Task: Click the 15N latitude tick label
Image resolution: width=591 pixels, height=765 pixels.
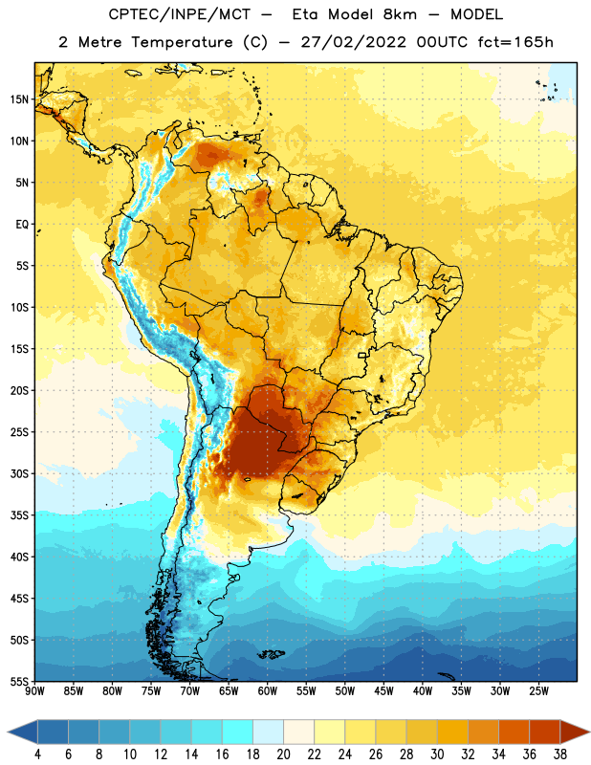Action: pyautogui.click(x=19, y=99)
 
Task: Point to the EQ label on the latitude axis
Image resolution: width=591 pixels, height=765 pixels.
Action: pyautogui.click(x=22, y=225)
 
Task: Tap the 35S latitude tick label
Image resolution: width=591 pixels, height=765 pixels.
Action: pyautogui.click(x=19, y=515)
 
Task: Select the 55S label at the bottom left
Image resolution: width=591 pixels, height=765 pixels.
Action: pyautogui.click(x=19, y=681)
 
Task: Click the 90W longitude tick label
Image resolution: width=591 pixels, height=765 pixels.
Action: pyautogui.click(x=35, y=691)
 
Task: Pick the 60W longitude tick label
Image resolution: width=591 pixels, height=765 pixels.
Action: pyautogui.click(x=268, y=691)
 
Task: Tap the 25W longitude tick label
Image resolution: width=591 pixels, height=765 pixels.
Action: pyautogui.click(x=538, y=691)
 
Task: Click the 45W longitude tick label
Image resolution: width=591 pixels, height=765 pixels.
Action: pyautogui.click(x=383, y=691)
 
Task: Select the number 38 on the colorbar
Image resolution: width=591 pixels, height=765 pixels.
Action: pyautogui.click(x=560, y=754)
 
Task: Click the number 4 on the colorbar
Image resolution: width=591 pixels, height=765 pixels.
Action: pyautogui.click(x=37, y=754)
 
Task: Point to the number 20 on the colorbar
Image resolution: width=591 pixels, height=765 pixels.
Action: pyautogui.click(x=283, y=754)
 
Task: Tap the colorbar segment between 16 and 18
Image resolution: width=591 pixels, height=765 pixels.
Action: pyautogui.click(x=238, y=732)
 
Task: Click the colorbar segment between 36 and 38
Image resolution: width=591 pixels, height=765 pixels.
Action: pyautogui.click(x=545, y=732)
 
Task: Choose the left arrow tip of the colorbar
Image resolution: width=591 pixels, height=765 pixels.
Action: pyautogui.click(x=8, y=732)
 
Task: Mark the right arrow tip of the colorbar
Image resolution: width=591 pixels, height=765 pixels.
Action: pyautogui.click(x=589, y=732)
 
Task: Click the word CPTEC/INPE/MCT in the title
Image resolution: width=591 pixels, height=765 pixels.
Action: pyautogui.click(x=180, y=14)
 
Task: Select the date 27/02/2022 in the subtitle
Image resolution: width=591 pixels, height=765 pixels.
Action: pyautogui.click(x=353, y=42)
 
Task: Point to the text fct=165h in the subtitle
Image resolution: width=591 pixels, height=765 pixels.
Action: pyautogui.click(x=515, y=42)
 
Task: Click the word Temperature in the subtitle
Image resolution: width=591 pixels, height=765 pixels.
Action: pyautogui.click(x=182, y=43)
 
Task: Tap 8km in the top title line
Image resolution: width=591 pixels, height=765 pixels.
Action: pyautogui.click(x=400, y=14)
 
